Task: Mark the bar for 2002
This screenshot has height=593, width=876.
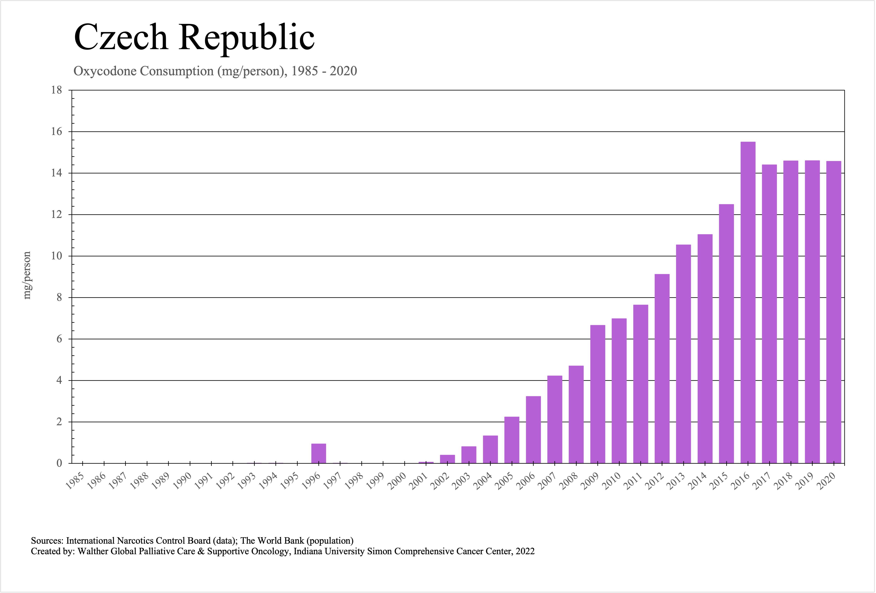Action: (x=447, y=459)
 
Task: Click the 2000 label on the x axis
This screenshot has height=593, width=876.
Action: (x=398, y=481)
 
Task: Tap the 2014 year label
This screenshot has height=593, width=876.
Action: (x=699, y=481)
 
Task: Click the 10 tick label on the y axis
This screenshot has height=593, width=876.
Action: (x=56, y=256)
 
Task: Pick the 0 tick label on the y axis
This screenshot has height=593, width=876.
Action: (x=59, y=463)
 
